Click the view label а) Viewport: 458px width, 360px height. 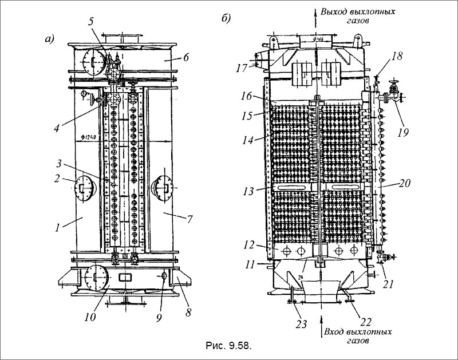[x=48, y=39]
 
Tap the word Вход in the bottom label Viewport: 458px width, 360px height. [x=336, y=332]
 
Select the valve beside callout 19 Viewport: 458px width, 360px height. [x=394, y=90]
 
